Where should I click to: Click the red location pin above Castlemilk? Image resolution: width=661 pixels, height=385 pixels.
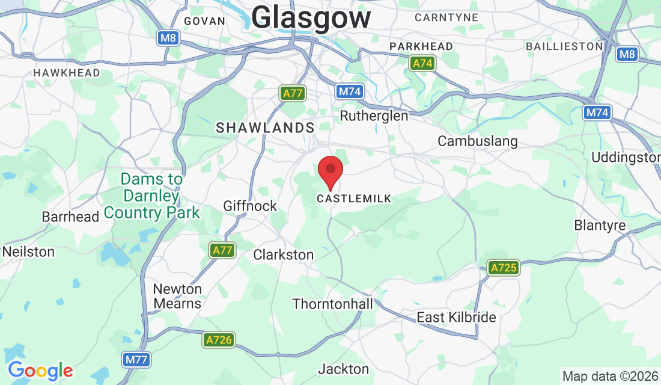click(330, 170)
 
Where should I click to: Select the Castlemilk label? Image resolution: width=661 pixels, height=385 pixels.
click(354, 199)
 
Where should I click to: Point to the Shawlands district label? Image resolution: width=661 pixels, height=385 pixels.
click(265, 128)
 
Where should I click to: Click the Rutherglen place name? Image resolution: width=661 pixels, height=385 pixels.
click(374, 115)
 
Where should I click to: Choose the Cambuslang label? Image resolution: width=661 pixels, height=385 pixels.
click(477, 141)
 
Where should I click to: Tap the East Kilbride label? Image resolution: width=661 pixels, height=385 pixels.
click(457, 318)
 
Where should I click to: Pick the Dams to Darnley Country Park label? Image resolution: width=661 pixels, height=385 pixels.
click(151, 196)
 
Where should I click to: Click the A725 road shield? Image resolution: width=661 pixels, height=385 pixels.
click(503, 268)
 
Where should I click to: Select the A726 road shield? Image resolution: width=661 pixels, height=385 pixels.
click(218, 340)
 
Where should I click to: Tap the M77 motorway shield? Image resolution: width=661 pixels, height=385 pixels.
click(136, 360)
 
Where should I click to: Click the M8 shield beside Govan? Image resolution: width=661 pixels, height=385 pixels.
click(168, 38)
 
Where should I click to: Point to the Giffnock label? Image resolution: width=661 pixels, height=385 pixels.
click(250, 206)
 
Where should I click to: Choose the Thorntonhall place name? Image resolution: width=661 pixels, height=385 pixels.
click(332, 304)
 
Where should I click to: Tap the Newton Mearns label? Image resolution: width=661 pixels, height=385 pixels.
click(177, 296)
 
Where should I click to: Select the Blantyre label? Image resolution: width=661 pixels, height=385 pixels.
click(600, 226)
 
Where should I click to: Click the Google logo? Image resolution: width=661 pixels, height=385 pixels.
click(40, 370)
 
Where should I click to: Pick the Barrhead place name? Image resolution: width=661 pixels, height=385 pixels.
click(70, 217)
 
